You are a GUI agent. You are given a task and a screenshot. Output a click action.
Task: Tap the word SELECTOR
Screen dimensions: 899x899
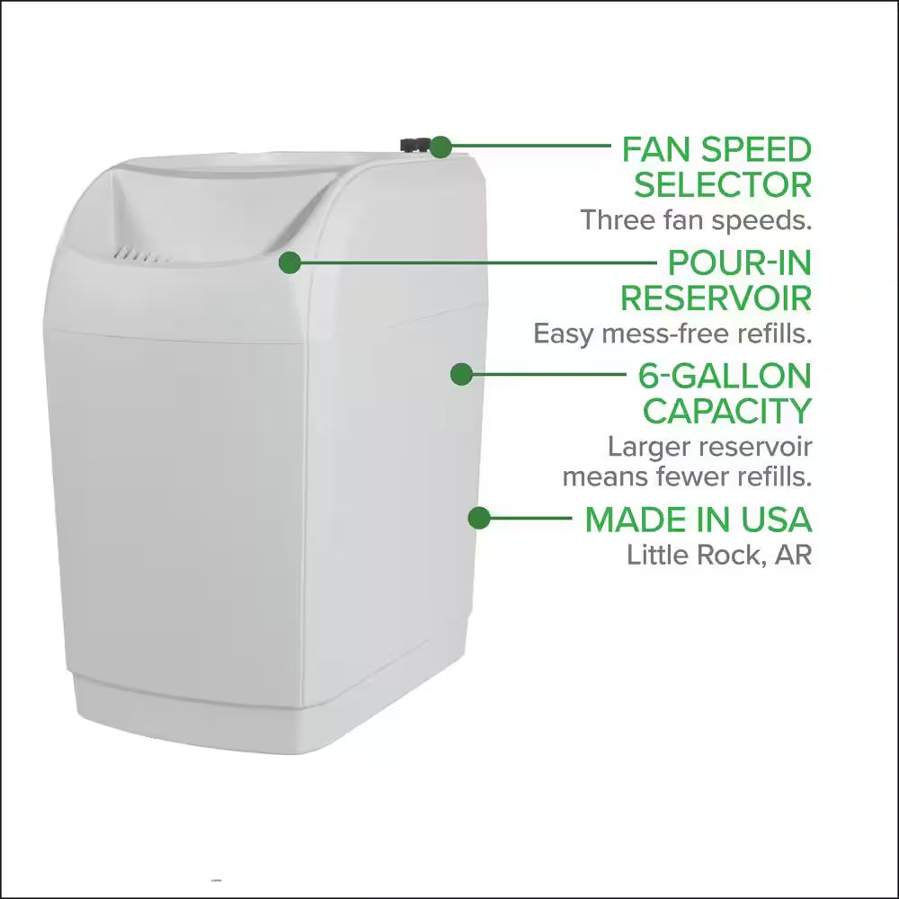tap(722, 185)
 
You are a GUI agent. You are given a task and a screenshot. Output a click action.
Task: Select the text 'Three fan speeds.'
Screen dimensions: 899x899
tap(695, 219)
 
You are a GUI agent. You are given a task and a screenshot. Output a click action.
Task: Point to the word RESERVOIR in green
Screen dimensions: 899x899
tap(716, 298)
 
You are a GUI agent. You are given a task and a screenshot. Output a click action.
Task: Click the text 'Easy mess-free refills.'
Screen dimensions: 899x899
tap(672, 334)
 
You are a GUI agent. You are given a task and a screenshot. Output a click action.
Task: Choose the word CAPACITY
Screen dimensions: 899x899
tap(727, 411)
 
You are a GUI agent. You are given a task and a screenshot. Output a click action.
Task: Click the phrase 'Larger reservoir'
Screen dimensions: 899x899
tap(709, 446)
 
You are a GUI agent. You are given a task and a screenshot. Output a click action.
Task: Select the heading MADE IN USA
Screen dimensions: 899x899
tap(699, 519)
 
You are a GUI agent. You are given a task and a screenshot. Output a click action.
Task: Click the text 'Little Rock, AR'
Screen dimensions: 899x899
tap(718, 555)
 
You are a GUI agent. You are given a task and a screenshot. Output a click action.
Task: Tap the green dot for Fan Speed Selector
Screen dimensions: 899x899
tap(441, 146)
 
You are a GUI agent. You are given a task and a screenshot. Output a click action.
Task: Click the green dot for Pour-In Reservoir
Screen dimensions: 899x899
tap(289, 263)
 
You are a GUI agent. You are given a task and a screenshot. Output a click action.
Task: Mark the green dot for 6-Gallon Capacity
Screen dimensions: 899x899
tap(461, 375)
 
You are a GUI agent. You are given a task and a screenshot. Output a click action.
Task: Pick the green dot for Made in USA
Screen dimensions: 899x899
tap(479, 518)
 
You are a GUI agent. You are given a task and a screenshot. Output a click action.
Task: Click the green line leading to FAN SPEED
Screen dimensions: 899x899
tap(530, 146)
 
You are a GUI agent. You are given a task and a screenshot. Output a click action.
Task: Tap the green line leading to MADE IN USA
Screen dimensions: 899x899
tap(530, 518)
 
